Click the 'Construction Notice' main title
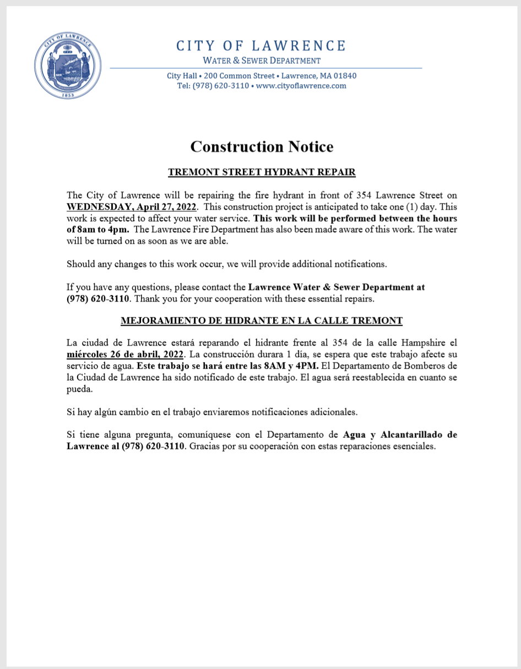point(262,147)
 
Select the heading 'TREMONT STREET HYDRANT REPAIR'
point(262,172)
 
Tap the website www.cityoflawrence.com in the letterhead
point(301,86)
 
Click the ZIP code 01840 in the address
point(345,76)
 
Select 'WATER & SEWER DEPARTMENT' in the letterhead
point(262,61)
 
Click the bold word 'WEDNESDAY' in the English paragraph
point(97,207)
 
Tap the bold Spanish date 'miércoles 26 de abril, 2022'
point(124,353)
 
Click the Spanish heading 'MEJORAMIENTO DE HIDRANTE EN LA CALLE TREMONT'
point(262,320)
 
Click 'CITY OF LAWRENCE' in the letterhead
point(262,46)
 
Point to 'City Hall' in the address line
point(182,76)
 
